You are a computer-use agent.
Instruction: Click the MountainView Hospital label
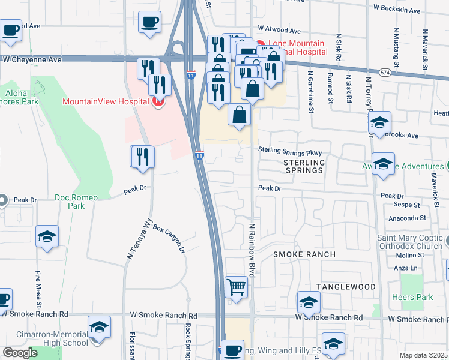[x=106, y=101]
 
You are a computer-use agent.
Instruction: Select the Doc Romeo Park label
[x=77, y=202]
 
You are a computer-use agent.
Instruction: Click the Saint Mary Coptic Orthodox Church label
[x=410, y=242]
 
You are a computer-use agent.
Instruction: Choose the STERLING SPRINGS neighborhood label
[x=303, y=166]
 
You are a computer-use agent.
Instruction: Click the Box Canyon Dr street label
[x=169, y=238]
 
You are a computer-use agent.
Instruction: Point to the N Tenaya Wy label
[x=139, y=238]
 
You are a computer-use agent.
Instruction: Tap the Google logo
[x=20, y=353]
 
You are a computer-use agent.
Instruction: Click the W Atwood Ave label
[x=279, y=29]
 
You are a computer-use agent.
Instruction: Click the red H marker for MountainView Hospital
[x=158, y=101]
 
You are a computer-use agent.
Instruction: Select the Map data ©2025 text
[x=424, y=355]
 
